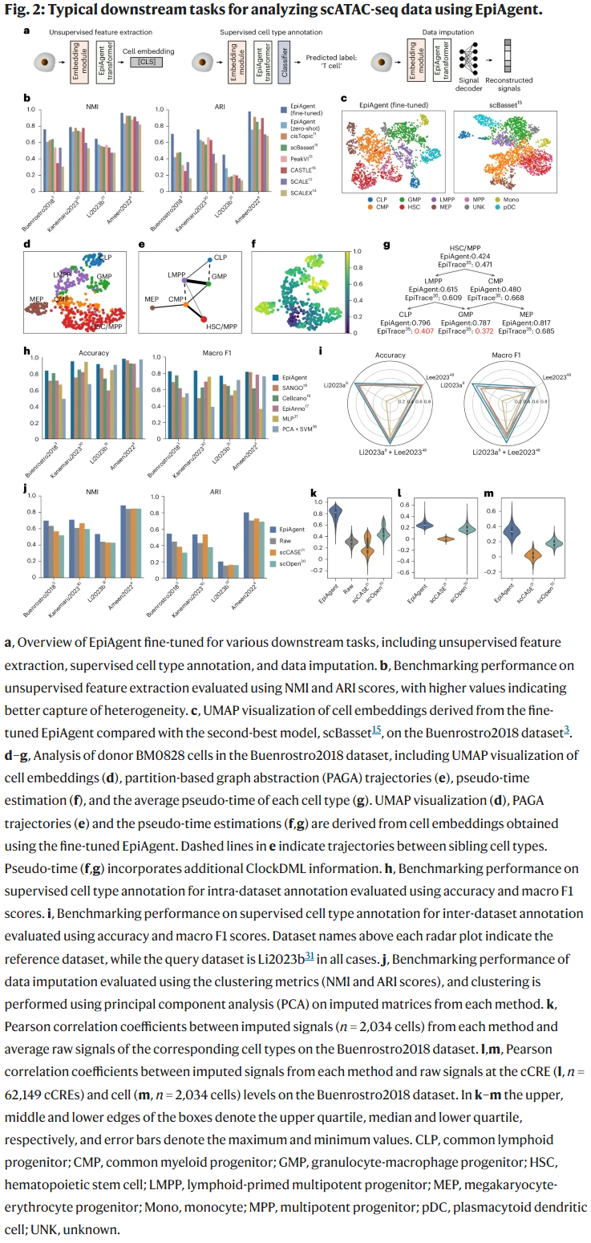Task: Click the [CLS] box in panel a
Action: pyautogui.click(x=146, y=60)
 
